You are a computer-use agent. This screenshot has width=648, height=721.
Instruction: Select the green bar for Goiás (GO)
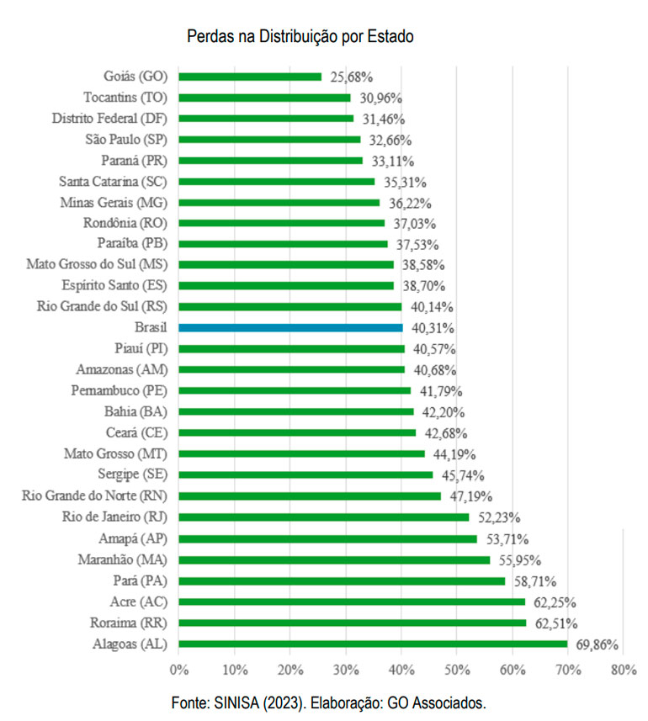250,77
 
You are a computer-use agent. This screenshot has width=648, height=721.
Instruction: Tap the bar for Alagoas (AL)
372,644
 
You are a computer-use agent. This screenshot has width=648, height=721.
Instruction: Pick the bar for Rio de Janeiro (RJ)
323,517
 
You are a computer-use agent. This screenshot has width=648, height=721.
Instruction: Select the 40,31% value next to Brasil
430,328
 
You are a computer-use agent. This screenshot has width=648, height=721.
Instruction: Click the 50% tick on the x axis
456,671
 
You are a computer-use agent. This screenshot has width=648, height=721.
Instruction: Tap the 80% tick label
623,671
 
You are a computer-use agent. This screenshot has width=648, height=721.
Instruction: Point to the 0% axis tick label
178,671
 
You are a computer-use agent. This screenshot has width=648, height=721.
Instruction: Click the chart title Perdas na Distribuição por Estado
300,37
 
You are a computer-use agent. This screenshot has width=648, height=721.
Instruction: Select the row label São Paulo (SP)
125,139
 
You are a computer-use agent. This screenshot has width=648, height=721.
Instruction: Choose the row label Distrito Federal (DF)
109,118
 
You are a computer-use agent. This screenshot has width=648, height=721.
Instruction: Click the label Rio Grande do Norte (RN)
93,496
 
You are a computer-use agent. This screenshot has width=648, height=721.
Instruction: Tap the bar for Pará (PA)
342,581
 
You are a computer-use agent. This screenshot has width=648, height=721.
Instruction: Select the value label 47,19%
469,496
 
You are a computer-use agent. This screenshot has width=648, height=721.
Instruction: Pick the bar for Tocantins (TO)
264,98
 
